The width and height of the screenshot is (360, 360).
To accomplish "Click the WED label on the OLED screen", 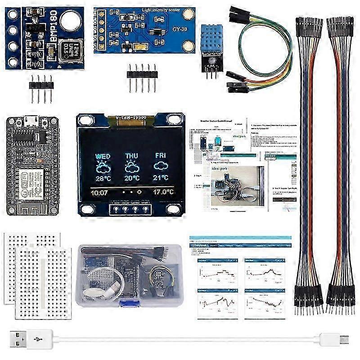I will click(x=103, y=156).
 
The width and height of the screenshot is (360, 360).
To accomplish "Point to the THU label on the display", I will click(x=132, y=156).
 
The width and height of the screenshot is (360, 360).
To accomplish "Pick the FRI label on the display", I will click(x=161, y=156).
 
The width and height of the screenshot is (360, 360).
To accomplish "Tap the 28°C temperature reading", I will click(x=103, y=178).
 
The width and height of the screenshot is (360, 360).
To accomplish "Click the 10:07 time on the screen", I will click(x=99, y=193).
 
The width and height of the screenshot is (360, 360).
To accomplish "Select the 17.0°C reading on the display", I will click(x=162, y=193).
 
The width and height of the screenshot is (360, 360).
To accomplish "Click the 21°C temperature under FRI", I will click(x=161, y=178).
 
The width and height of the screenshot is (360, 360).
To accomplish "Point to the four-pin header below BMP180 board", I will click(x=41, y=83).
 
